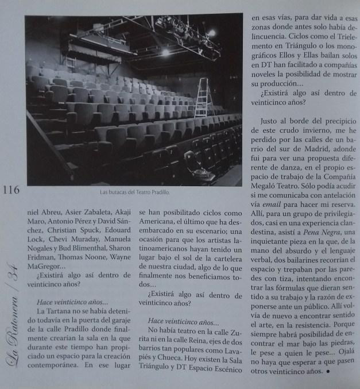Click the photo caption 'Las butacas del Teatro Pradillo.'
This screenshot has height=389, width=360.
[x=134, y=192]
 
